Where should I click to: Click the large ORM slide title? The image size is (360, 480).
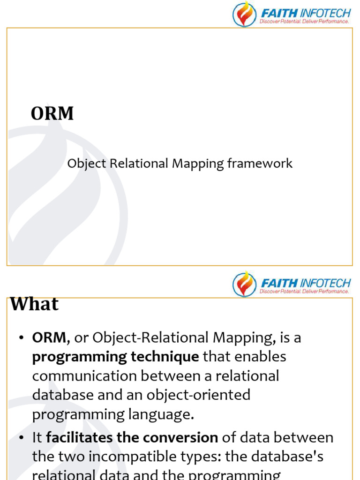(52, 113)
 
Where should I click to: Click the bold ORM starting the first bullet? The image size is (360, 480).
(51, 337)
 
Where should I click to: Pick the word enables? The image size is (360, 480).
(260, 357)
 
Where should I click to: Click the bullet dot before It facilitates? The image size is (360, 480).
(21, 438)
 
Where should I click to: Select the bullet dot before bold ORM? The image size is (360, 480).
(21, 338)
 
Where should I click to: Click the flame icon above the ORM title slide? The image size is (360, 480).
(244, 14)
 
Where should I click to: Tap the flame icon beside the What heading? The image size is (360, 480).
(244, 284)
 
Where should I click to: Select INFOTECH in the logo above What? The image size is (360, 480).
(325, 283)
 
